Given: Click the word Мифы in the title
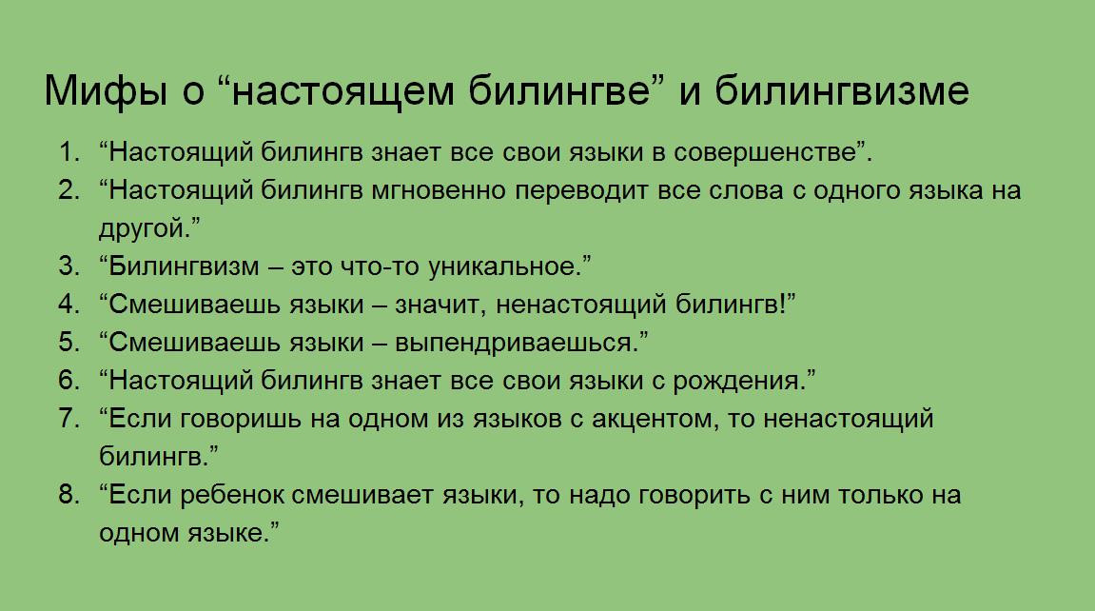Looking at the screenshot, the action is pyautogui.click(x=106, y=91).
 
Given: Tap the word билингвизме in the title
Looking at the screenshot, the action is pyautogui.click(x=842, y=91).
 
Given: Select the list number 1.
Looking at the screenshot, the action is pyautogui.click(x=69, y=152).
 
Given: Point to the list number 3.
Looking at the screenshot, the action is pyautogui.click(x=69, y=266).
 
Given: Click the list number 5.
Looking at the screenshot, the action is pyautogui.click(x=69, y=343).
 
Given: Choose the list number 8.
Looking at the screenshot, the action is pyautogui.click(x=69, y=494).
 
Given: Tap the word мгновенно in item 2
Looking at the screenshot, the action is pyautogui.click(x=438, y=190).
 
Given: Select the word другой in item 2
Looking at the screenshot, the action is pyautogui.click(x=141, y=229).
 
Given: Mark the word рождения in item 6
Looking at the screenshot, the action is pyautogui.click(x=735, y=382).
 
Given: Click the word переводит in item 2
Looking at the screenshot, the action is pyautogui.click(x=581, y=190).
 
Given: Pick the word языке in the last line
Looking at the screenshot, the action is pyautogui.click(x=224, y=534).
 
